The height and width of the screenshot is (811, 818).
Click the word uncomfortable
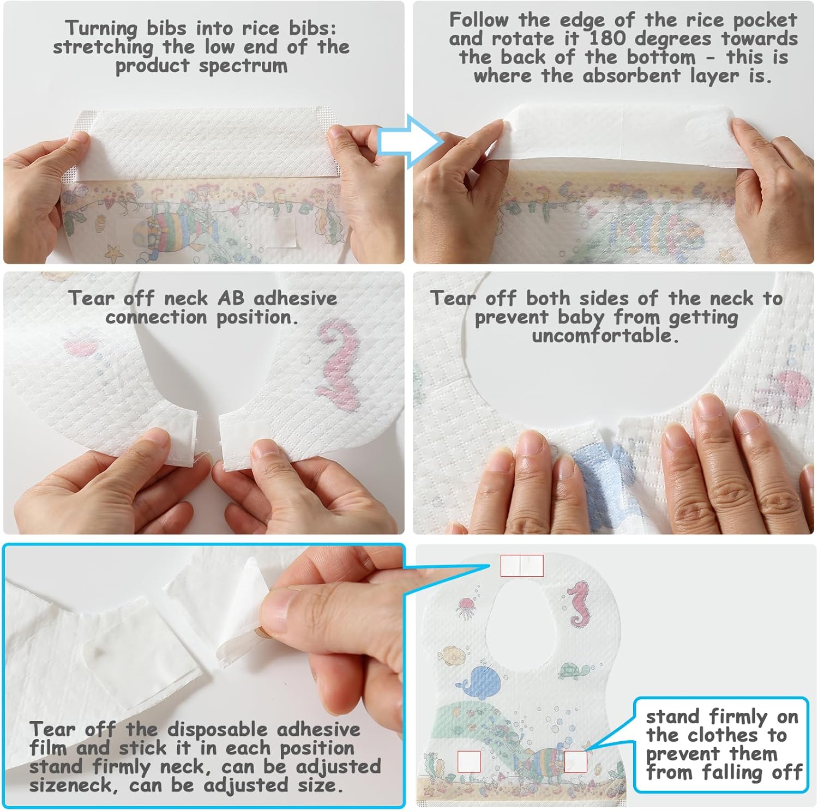tap(605, 335)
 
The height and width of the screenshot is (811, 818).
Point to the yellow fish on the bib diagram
tap(452, 655)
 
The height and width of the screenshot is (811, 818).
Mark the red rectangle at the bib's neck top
tap(522, 566)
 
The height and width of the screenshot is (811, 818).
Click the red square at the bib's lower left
tap(468, 761)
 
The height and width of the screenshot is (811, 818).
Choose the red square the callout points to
tap(575, 761)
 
